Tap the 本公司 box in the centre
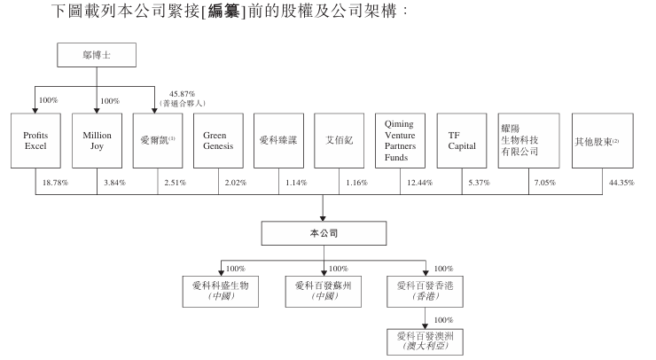[x=324, y=233]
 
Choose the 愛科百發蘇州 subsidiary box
[x=324, y=291]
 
